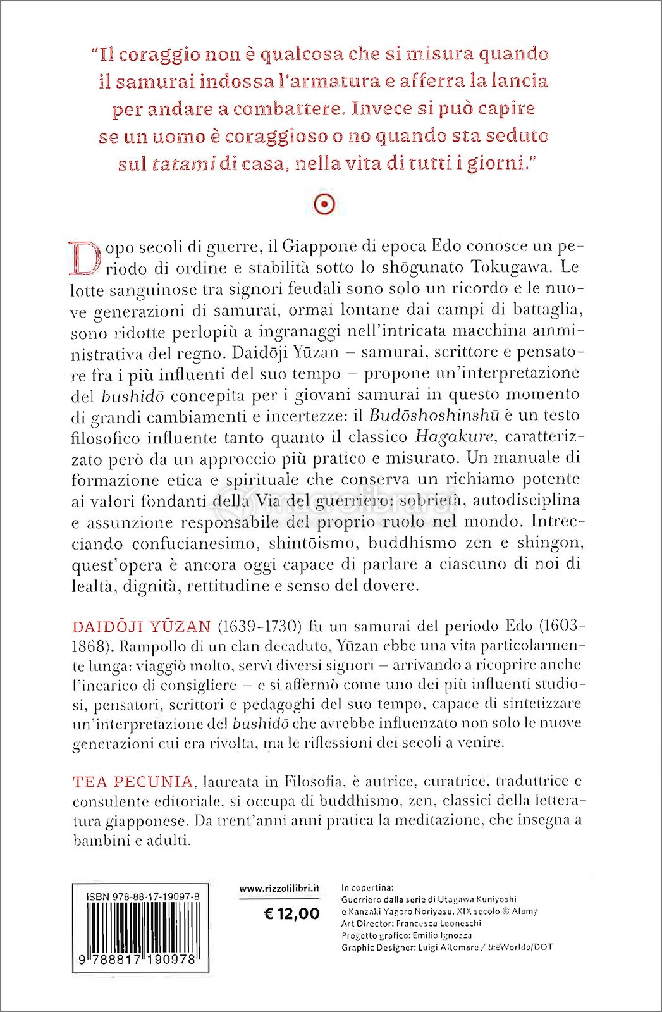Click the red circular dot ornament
[324, 204]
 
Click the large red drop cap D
[85, 257]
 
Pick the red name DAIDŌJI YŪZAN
[141, 627]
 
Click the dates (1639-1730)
[259, 627]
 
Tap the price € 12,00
[291, 913]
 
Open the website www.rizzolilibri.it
[279, 889]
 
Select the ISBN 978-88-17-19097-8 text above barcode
[143, 897]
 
